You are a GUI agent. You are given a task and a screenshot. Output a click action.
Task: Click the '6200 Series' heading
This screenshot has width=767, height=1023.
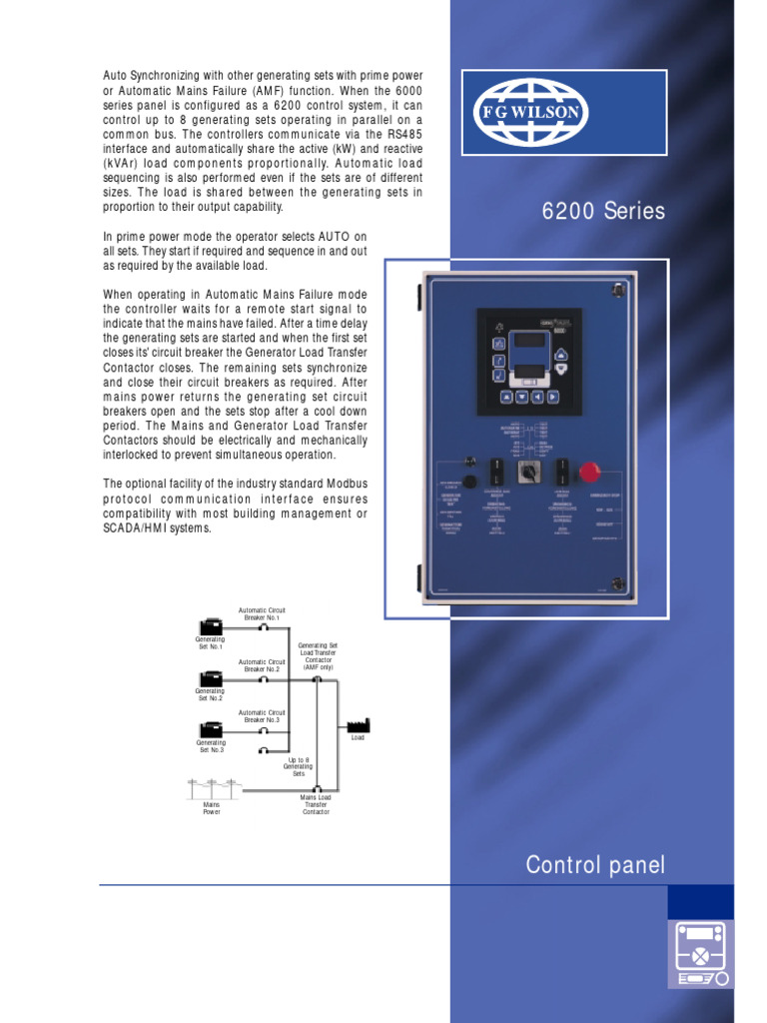point(602,212)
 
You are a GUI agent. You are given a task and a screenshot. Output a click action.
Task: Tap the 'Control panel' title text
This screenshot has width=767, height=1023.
point(595,865)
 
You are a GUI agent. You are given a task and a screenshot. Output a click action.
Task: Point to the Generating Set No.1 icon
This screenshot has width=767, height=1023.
point(211,627)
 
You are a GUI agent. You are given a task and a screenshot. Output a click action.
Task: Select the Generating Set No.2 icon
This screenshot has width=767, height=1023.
point(211,678)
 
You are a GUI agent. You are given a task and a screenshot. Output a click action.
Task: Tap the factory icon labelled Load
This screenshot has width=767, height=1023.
point(358,724)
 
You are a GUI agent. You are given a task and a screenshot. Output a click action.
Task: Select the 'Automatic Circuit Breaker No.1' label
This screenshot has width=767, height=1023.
point(262,613)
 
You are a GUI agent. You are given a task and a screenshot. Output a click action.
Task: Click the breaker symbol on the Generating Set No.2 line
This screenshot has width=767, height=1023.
point(263,679)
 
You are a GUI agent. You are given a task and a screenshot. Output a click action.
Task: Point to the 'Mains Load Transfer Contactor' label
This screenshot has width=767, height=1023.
point(316,804)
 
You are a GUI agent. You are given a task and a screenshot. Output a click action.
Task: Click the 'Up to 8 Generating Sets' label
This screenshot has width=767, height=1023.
point(299,766)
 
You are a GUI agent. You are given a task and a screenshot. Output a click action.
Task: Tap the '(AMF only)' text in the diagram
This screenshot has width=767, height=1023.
point(319,666)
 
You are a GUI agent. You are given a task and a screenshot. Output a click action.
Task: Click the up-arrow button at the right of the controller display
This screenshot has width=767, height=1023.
point(560,354)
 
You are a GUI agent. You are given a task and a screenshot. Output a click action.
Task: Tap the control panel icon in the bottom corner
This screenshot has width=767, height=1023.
point(700,954)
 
